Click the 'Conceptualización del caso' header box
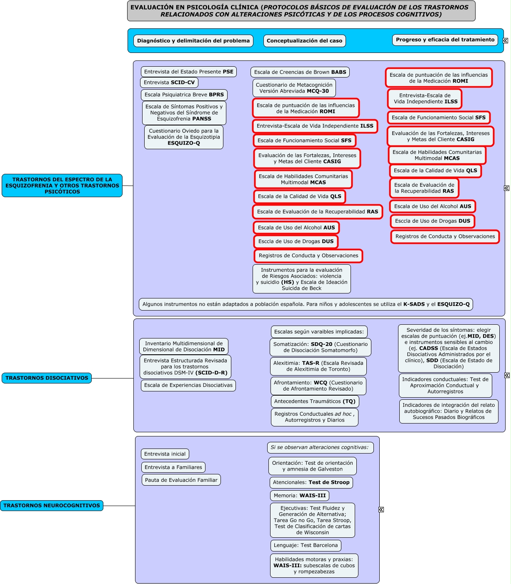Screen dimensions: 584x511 tap(304, 41)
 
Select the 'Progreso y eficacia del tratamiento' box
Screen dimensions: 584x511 tap(445, 40)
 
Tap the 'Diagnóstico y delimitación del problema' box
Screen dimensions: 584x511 tap(193, 41)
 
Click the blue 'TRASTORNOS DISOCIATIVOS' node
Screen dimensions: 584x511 tap(47, 378)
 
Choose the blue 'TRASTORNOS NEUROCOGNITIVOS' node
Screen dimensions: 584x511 tap(52, 506)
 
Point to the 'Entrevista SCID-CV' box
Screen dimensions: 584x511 tap(169, 83)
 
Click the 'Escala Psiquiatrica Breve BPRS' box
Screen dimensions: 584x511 tap(184, 95)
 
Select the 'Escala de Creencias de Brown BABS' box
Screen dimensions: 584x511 tap(300, 72)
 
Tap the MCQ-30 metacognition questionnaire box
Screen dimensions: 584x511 tap(294, 88)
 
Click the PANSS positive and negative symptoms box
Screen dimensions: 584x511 tap(184, 113)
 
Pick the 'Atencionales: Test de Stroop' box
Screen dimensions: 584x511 tap(311, 482)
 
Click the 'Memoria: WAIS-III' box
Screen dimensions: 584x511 tap(300, 496)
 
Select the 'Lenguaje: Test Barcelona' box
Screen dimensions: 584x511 tap(306, 545)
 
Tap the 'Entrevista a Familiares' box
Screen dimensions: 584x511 tap(173, 467)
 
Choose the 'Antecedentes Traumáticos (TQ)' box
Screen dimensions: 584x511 tap(315, 401)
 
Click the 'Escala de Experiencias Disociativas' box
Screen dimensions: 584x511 tap(188, 386)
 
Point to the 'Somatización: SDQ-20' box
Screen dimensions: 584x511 tap(321, 347)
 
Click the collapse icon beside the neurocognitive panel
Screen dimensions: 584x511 tap(381, 509)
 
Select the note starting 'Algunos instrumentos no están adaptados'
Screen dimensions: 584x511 tap(306, 304)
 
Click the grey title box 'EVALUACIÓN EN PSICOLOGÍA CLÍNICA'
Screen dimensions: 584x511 tap(301, 11)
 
